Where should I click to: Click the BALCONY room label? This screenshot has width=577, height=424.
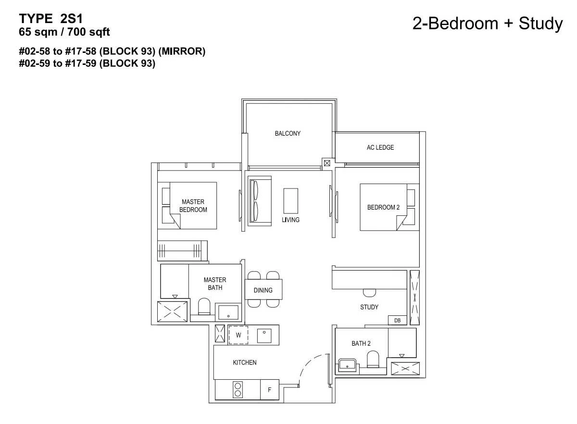click(x=288, y=134)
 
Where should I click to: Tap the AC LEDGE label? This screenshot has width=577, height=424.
click(x=380, y=148)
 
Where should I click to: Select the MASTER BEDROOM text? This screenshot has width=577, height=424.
click(x=193, y=206)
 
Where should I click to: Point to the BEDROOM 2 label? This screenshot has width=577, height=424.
click(x=383, y=207)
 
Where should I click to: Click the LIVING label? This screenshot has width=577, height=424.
click(x=290, y=220)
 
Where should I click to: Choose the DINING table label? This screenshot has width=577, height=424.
click(x=263, y=290)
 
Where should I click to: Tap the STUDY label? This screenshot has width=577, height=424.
click(x=369, y=307)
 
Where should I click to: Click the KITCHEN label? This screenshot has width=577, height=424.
click(x=244, y=362)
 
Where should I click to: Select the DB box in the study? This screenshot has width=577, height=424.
click(x=398, y=320)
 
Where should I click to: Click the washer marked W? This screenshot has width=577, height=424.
click(x=238, y=335)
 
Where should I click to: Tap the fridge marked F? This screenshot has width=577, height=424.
click(x=269, y=390)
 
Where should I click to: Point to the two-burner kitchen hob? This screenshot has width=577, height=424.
click(x=238, y=389)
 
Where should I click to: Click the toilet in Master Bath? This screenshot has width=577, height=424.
click(x=204, y=306)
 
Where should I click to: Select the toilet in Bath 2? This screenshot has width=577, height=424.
click(x=373, y=359)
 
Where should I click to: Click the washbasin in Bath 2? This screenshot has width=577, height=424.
click(x=347, y=365)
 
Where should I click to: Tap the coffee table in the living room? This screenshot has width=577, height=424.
click(x=291, y=201)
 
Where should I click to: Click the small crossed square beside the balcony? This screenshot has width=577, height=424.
click(x=327, y=163)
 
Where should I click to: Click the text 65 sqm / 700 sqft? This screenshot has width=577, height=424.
click(x=64, y=32)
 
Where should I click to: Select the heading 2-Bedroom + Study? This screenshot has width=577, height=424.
click(x=488, y=24)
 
